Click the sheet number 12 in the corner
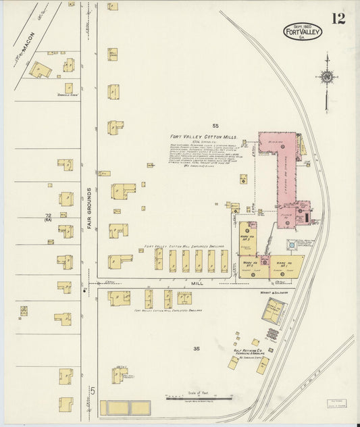point(338,18)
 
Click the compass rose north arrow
point(328,74)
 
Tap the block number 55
point(215,126)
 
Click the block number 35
point(196,349)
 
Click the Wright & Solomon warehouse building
point(274,311)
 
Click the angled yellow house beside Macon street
point(42,70)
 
